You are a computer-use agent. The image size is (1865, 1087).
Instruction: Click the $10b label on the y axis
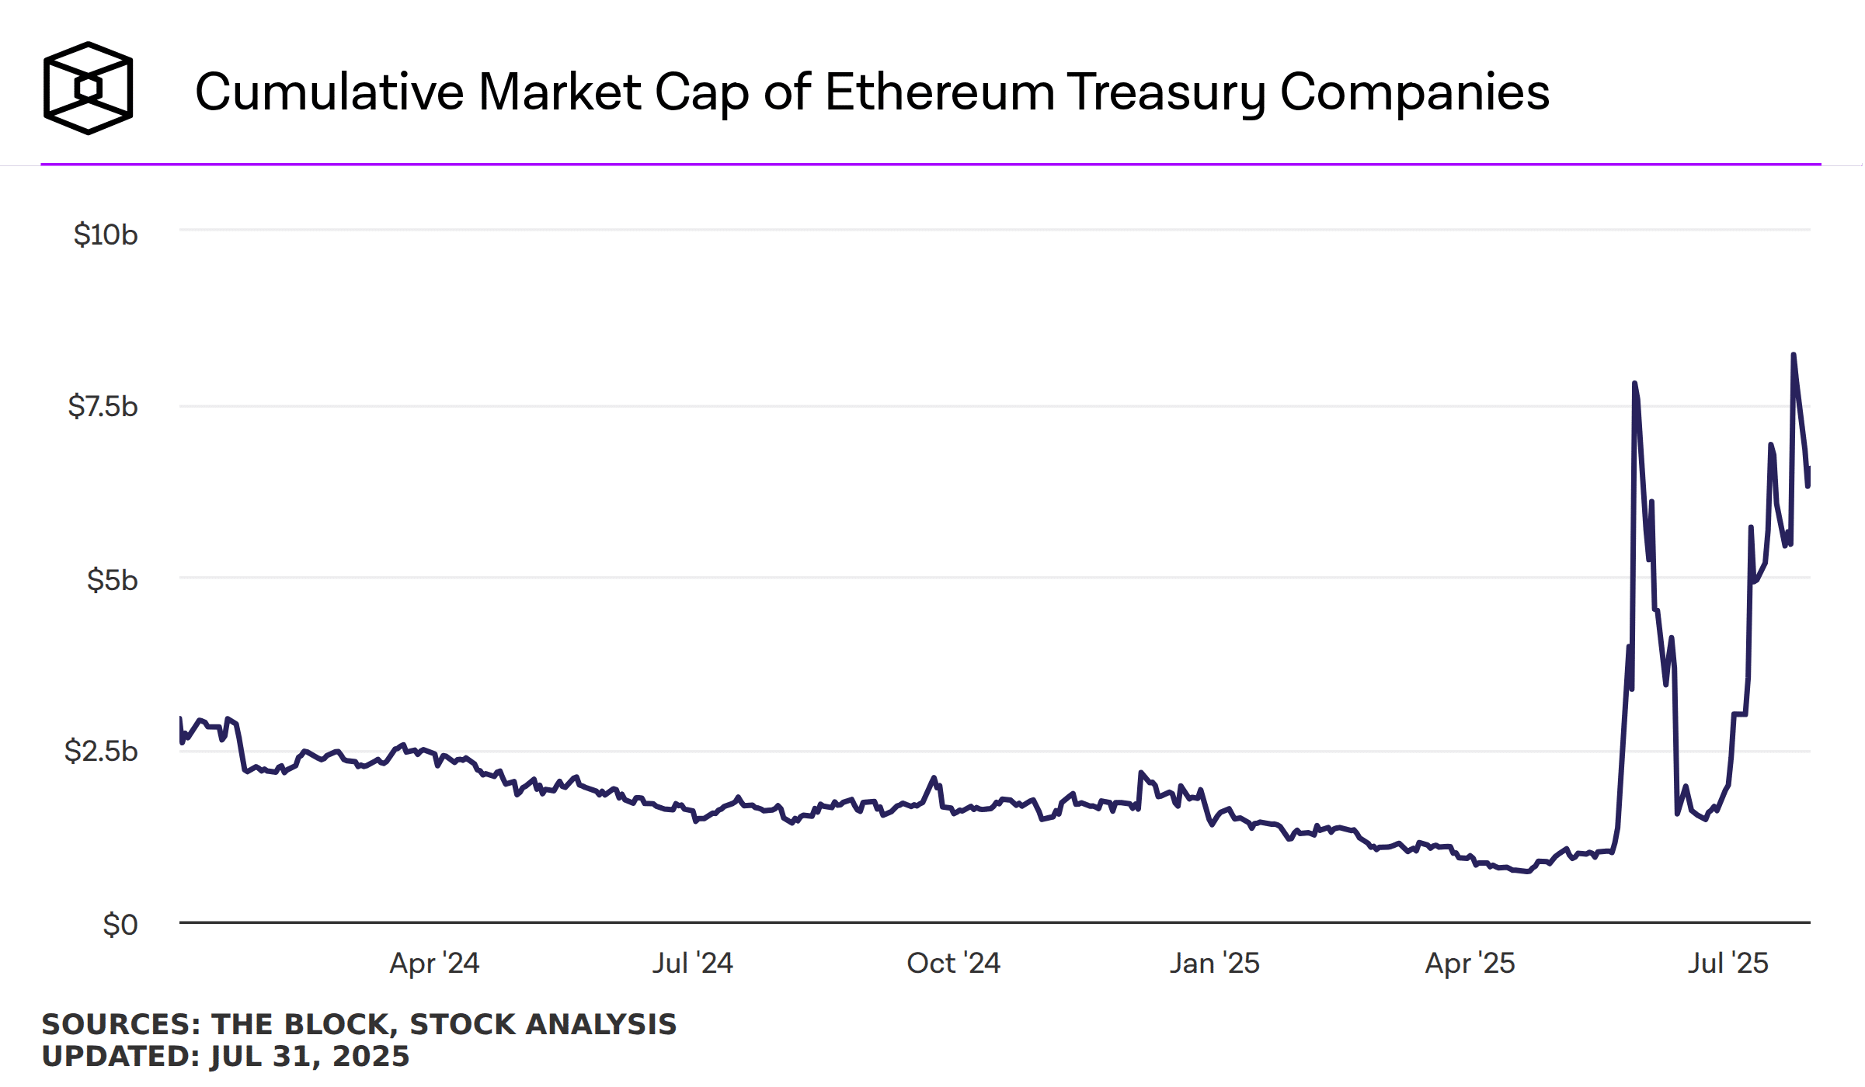pos(106,234)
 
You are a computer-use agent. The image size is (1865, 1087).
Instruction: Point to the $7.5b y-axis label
pos(103,406)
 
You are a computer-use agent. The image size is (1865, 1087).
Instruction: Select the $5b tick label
pos(112,580)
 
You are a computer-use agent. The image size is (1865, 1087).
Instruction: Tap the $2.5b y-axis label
pos(101,751)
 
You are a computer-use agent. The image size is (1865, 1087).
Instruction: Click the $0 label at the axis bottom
pos(120,925)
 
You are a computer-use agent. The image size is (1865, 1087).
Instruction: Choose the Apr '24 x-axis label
pos(434,963)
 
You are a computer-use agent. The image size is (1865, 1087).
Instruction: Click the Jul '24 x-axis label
pos(692,963)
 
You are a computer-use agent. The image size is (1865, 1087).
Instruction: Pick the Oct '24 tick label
pos(953,963)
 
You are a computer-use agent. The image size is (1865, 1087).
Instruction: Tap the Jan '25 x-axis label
pos(1214,963)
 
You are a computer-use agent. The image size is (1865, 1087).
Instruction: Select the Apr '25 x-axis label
pos(1470,963)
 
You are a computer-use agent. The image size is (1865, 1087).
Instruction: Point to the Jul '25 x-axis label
pos(1728,963)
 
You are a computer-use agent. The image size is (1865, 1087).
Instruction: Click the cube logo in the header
pos(88,89)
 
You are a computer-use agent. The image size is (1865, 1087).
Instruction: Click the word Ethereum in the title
pos(938,92)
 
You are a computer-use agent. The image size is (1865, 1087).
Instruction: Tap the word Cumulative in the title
pos(329,92)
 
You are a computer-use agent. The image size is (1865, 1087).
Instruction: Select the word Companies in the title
pos(1414,92)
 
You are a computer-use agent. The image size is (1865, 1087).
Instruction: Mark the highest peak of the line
pos(1793,355)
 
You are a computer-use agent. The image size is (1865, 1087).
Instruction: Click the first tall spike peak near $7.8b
pos(1634,384)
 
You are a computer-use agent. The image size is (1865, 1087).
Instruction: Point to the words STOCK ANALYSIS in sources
pos(543,1024)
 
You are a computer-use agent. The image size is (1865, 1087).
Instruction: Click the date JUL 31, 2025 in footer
pos(309,1056)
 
